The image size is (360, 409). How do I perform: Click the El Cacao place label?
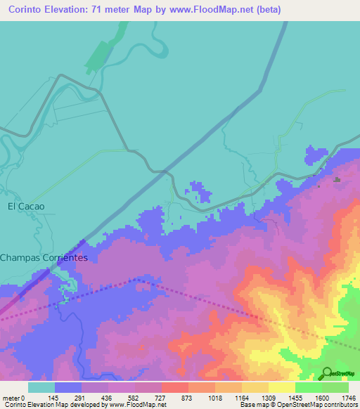click(x=26, y=207)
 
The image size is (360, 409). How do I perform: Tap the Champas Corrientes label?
click(x=44, y=258)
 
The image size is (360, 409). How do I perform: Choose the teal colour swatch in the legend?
click(x=41, y=387)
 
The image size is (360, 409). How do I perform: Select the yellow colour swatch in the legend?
click(x=281, y=387)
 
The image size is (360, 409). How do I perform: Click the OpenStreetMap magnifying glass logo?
click(x=328, y=372)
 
